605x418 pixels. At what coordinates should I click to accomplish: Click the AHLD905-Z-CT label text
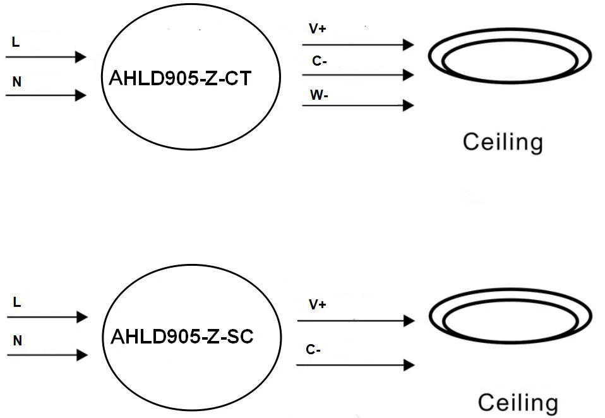pyautogui.click(x=181, y=78)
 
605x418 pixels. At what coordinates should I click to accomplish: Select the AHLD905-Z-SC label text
pyautogui.click(x=182, y=337)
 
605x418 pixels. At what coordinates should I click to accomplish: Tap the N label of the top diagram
pyautogui.click(x=16, y=82)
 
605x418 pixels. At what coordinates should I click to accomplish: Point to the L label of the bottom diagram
pyautogui.click(x=17, y=302)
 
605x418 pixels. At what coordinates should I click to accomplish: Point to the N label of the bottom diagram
pyautogui.click(x=18, y=341)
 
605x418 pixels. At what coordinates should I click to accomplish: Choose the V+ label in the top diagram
pyautogui.click(x=318, y=30)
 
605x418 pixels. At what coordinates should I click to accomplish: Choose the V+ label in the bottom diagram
pyautogui.click(x=318, y=305)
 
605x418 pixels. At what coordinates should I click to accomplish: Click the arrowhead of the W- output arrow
pyautogui.click(x=409, y=105)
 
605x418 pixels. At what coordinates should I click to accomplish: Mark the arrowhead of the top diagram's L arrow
pyautogui.click(x=80, y=57)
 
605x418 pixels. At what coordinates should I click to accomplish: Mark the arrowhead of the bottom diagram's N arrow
pyautogui.click(x=81, y=355)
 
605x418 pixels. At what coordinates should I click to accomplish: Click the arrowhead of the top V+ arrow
pyautogui.click(x=409, y=45)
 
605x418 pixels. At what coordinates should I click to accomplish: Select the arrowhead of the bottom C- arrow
pyautogui.click(x=409, y=365)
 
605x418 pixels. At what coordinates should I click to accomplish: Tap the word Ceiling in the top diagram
pyautogui.click(x=503, y=141)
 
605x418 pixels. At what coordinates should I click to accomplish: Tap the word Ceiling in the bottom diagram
pyautogui.click(x=518, y=402)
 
